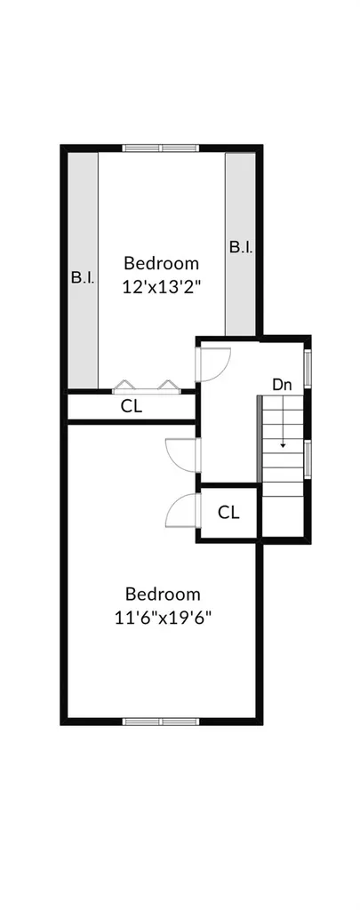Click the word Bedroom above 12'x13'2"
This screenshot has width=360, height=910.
pyautogui.click(x=162, y=263)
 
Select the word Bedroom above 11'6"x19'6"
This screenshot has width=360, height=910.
pyautogui.click(x=163, y=595)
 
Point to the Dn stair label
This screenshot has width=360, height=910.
pyautogui.click(x=282, y=384)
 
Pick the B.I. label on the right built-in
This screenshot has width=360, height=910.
pyautogui.click(x=240, y=247)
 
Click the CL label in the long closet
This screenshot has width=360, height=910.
pyautogui.click(x=132, y=406)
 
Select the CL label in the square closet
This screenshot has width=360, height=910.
pyautogui.click(x=228, y=513)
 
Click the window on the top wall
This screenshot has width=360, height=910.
pyautogui.click(x=161, y=148)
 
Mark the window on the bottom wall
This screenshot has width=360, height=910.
pyautogui.click(x=161, y=722)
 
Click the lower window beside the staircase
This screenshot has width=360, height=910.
pyautogui.click(x=308, y=459)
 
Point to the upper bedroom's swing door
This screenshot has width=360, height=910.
pyautogui.click(x=212, y=364)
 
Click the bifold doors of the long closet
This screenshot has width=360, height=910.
pyautogui.click(x=145, y=387)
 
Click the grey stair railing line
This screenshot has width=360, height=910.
pyautogui.click(x=259, y=439)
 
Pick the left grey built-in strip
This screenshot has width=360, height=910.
pyautogui.click(x=83, y=270)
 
